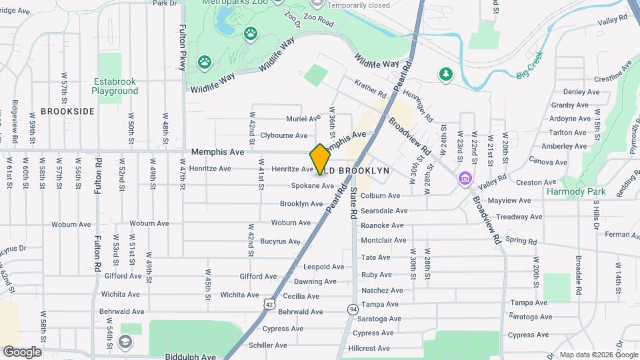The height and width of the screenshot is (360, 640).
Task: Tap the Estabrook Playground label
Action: click(x=115, y=86)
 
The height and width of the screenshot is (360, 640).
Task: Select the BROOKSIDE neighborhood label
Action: click(x=68, y=111)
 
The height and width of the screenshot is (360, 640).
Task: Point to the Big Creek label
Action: click(x=530, y=71)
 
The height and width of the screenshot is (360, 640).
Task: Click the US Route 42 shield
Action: click(x=268, y=304)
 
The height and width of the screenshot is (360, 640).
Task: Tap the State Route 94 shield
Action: click(x=352, y=309)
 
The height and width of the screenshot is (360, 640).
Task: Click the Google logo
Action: click(x=22, y=351)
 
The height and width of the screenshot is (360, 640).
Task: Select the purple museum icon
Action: click(x=464, y=179)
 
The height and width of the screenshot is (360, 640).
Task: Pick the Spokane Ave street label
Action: click(x=312, y=186)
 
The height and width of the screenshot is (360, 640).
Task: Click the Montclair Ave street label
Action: click(x=383, y=240)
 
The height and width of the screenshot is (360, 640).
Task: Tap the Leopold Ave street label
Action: click(x=323, y=267)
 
